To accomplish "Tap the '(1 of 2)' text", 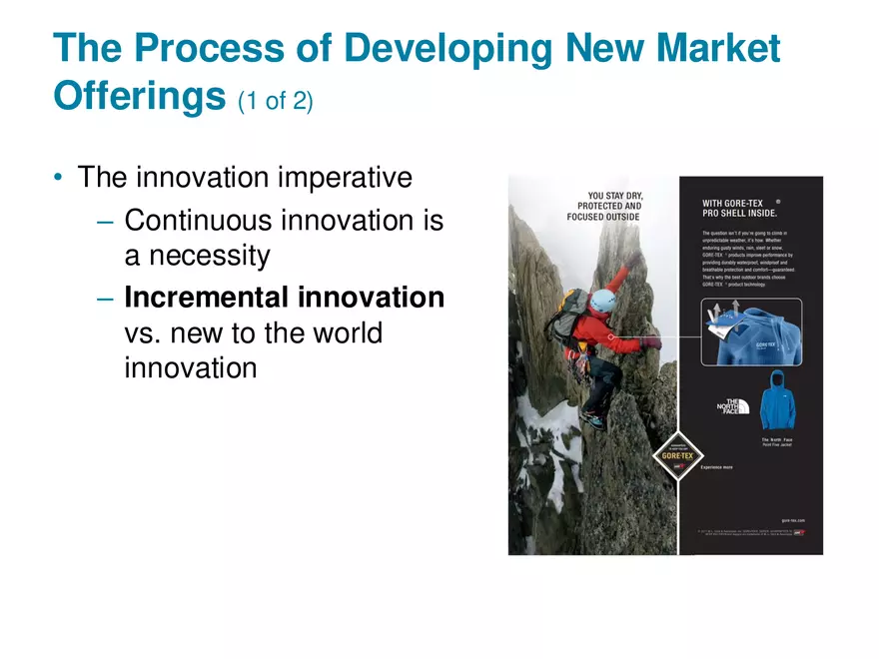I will pos(276,101).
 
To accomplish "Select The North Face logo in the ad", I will pos(732,406).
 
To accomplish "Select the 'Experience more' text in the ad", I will pos(715,467).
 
